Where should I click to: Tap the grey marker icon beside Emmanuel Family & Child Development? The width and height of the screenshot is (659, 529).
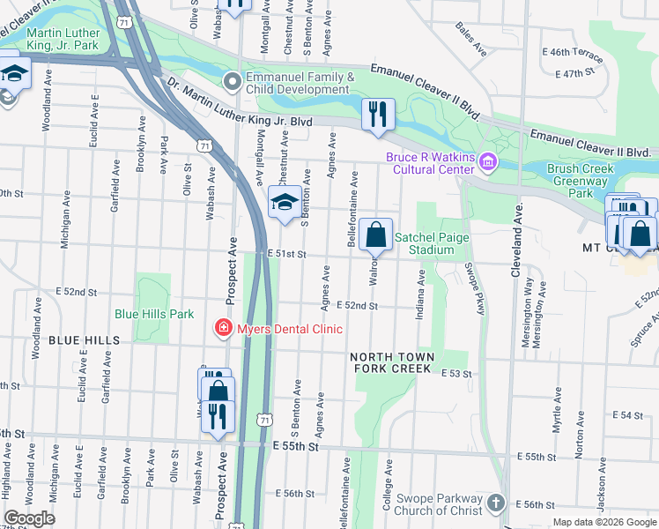pos(233,83)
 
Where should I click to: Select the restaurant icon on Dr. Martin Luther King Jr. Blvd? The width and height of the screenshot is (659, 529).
pos(378,114)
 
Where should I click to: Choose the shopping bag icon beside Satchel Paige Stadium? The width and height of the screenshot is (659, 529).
pos(375,235)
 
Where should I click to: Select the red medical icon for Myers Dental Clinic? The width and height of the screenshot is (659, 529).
pos(224,329)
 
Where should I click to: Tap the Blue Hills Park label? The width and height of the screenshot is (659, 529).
pos(154,314)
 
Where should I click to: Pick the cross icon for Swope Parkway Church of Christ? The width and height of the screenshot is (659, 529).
pos(496,503)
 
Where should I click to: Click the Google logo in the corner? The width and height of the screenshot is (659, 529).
pos(29,518)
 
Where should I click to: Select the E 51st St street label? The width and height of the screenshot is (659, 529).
pos(287,254)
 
